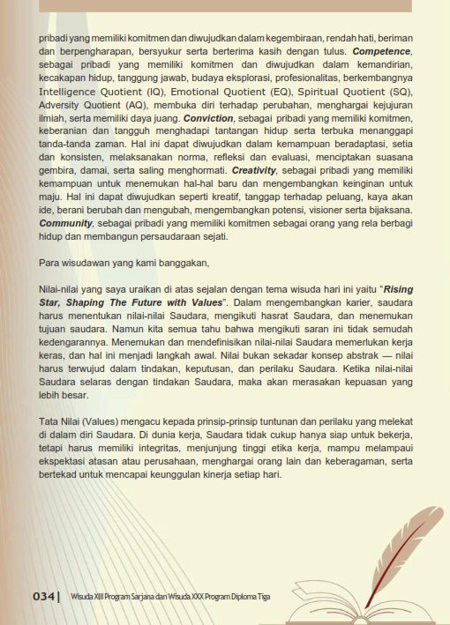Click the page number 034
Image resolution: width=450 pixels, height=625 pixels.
pyautogui.click(x=44, y=597)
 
